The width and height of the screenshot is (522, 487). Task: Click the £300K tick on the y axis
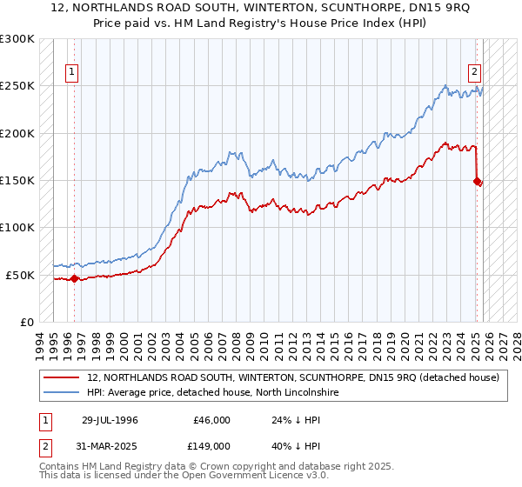[x=17, y=39]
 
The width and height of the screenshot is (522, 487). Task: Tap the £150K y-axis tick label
[x=17, y=181]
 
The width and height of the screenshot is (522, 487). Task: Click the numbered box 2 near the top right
[x=476, y=72]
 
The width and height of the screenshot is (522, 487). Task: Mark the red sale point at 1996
[x=74, y=279]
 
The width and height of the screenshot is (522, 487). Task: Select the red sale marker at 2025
[x=477, y=181]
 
